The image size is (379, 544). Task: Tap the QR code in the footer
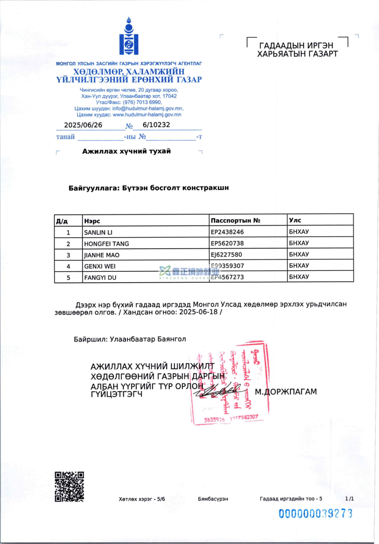tap(69, 486)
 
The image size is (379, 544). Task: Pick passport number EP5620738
tap(227, 243)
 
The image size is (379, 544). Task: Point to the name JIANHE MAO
tap(100, 255)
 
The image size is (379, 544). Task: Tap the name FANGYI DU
tap(100, 277)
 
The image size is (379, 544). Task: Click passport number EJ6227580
tap(227, 255)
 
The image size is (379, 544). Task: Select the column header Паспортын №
tap(236, 220)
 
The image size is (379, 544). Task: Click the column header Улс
tap(295, 220)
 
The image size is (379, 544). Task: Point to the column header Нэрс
tap(92, 221)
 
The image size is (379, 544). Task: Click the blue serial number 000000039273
tap(316, 513)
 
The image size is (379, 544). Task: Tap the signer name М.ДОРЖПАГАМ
tap(286, 392)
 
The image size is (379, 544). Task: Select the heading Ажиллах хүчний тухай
tap(126, 152)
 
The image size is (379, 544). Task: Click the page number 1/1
tap(350, 499)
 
